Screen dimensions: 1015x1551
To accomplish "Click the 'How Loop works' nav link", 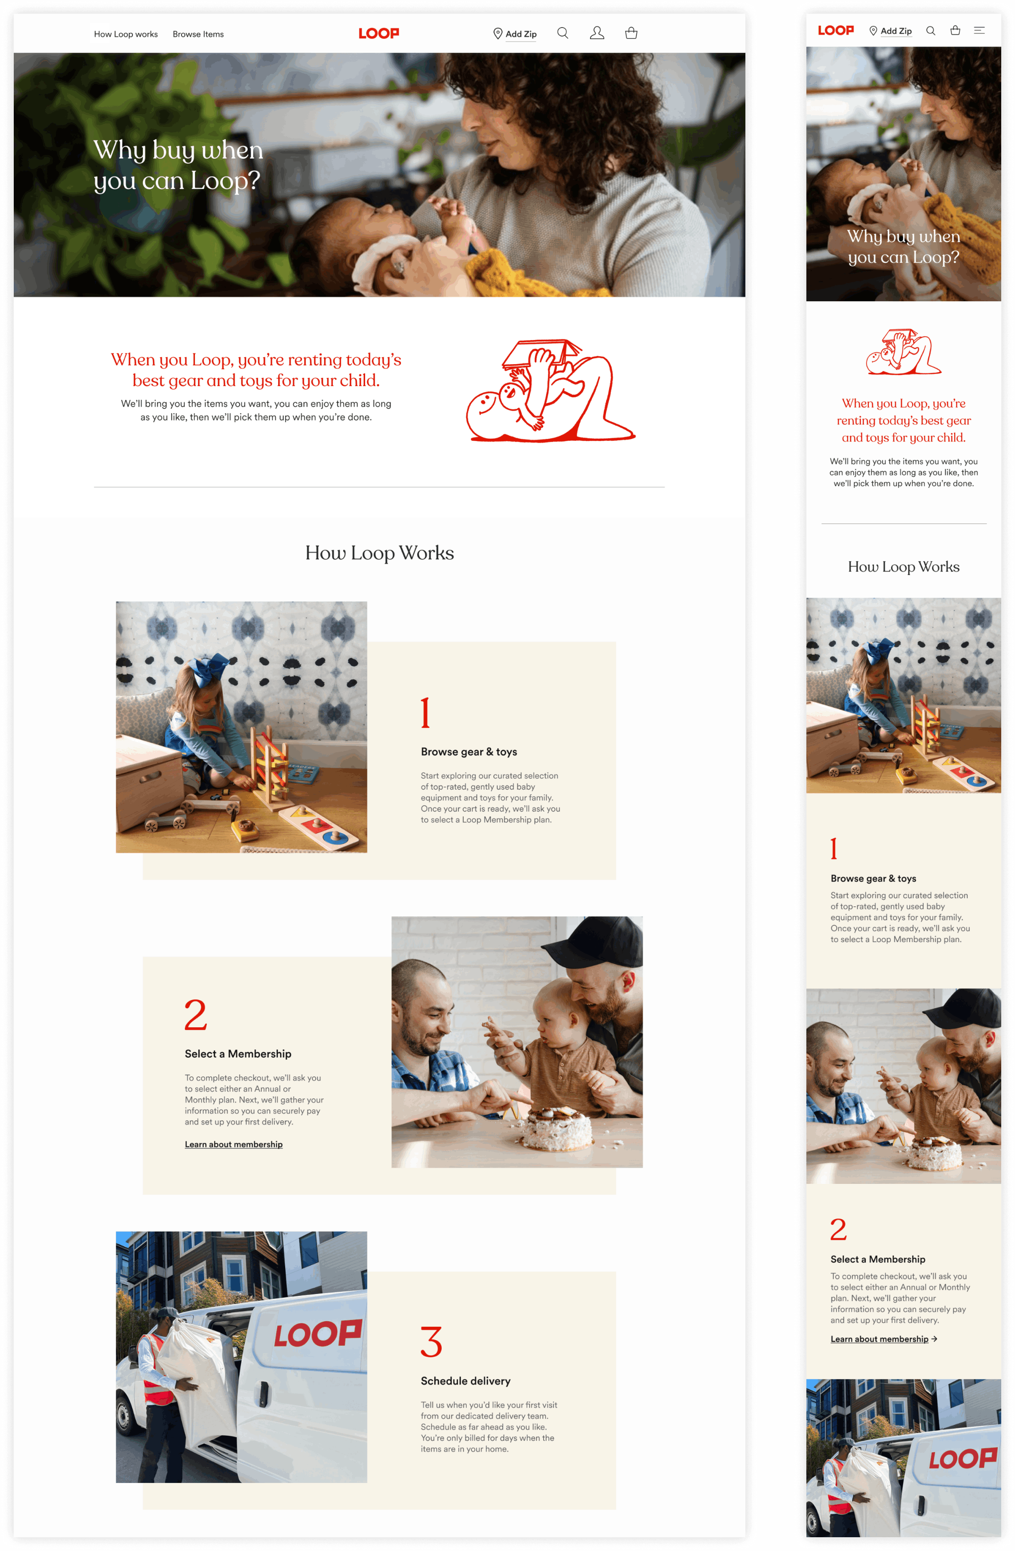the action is pyautogui.click(x=126, y=34).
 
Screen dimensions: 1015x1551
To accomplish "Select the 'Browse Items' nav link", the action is pyautogui.click(x=198, y=34).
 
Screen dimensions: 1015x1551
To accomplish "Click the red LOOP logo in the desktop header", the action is pyautogui.click(x=378, y=33).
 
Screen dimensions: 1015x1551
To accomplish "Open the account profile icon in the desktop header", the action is pyautogui.click(x=597, y=33).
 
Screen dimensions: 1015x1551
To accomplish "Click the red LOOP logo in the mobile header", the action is pyautogui.click(x=836, y=30).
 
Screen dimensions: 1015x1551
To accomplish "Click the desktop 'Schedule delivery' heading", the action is pyautogui.click(x=466, y=1381).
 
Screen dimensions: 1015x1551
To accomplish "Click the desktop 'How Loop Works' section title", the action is pyautogui.click(x=380, y=553).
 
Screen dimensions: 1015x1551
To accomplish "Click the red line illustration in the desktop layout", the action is pyautogui.click(x=551, y=391).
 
